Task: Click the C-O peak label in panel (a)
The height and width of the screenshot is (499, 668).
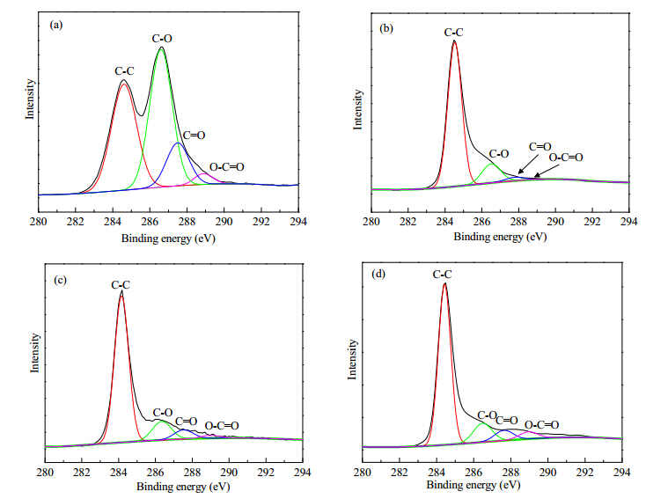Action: coord(162,39)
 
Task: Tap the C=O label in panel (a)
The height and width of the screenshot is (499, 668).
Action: coord(194,136)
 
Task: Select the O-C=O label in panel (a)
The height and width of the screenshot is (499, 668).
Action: coord(227,167)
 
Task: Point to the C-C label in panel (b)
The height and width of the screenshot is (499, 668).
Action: coord(453,33)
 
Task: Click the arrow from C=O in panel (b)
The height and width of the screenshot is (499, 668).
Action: coord(528,164)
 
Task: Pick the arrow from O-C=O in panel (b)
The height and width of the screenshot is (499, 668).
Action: coord(547,171)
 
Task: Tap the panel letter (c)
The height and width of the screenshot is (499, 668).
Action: coord(60,280)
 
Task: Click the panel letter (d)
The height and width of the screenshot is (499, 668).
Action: coord(378,274)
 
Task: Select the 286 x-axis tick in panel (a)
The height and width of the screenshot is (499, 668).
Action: coord(150,222)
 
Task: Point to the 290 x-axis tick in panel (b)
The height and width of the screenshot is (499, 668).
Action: coord(555,222)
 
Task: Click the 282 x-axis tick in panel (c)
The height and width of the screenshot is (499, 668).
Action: coord(82,472)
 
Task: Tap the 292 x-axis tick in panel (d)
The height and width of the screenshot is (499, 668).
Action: coord(585,472)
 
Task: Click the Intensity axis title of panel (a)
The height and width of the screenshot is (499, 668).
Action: coord(29,99)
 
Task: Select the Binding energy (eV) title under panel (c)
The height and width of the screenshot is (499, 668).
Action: coord(183,487)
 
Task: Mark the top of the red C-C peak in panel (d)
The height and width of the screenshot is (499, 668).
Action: coord(444,283)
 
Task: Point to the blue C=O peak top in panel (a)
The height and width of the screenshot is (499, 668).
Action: coord(179,143)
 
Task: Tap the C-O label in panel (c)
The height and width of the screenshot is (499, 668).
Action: coord(163,413)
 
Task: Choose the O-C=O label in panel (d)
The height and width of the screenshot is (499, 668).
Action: coord(541,425)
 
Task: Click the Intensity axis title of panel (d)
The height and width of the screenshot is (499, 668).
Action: coord(352,359)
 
